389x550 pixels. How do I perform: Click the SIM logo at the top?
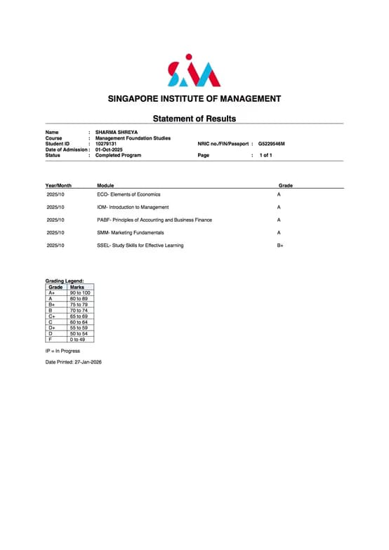tap(194, 71)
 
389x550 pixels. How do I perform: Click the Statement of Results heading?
tap(194, 119)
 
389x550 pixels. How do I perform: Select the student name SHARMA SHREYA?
tap(117, 133)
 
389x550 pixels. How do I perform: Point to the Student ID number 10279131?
tap(106, 144)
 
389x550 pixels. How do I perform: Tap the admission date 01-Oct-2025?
tap(112, 149)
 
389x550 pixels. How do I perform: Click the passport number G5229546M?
tap(272, 144)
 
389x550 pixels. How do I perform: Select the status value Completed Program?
tap(118, 155)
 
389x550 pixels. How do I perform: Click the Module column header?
tap(105, 185)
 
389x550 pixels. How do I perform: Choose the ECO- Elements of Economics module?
tap(128, 194)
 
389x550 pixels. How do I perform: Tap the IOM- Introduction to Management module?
tap(133, 208)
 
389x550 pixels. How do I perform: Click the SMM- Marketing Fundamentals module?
tap(131, 232)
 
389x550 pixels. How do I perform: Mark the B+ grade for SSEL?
tap(280, 246)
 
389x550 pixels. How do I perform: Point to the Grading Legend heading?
tap(65, 281)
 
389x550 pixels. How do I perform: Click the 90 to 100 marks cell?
tap(81, 293)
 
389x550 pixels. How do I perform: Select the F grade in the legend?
tap(51, 340)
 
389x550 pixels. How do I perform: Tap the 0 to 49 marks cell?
tap(79, 340)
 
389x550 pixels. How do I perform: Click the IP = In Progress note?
tap(62, 351)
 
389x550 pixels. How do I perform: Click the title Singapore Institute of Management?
tap(194, 99)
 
